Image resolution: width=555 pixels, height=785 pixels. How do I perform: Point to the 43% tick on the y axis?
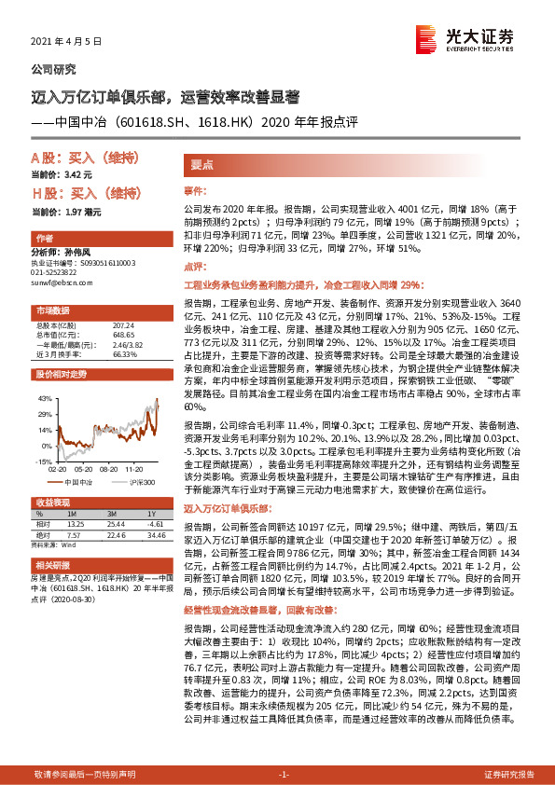(43, 397)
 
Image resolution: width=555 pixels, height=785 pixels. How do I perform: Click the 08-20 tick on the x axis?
(84, 472)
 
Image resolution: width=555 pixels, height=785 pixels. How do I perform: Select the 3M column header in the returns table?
(112, 515)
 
